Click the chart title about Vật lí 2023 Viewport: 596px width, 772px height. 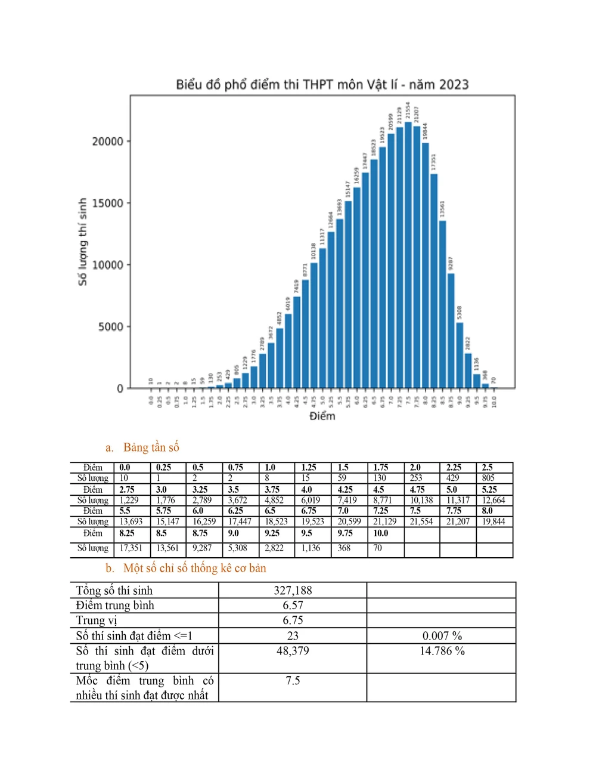tap(322, 85)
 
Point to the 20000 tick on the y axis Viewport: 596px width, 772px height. tap(107, 141)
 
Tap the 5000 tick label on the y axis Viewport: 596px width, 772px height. tap(111, 327)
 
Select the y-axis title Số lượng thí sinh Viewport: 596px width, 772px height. tap(83, 242)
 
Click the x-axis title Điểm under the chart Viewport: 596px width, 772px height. tap(322, 416)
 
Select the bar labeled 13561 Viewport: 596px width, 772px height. tap(442, 304)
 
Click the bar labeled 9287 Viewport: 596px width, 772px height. tap(451, 331)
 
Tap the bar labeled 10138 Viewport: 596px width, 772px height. tap(313, 325)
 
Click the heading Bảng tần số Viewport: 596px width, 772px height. tap(151, 447)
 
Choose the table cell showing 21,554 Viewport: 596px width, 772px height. tap(421, 521)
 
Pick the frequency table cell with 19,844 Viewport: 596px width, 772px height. tap(493, 521)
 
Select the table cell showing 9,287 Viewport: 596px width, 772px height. tap(202, 548)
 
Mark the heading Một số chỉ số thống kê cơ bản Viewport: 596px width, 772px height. tap(194, 568)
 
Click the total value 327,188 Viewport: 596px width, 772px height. tap(293, 591)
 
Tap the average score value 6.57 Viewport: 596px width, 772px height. tap(293, 606)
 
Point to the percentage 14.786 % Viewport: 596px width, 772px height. tap(442, 651)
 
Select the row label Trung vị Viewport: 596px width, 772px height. tap(97, 620)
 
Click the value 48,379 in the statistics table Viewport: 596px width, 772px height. tap(293, 651)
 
